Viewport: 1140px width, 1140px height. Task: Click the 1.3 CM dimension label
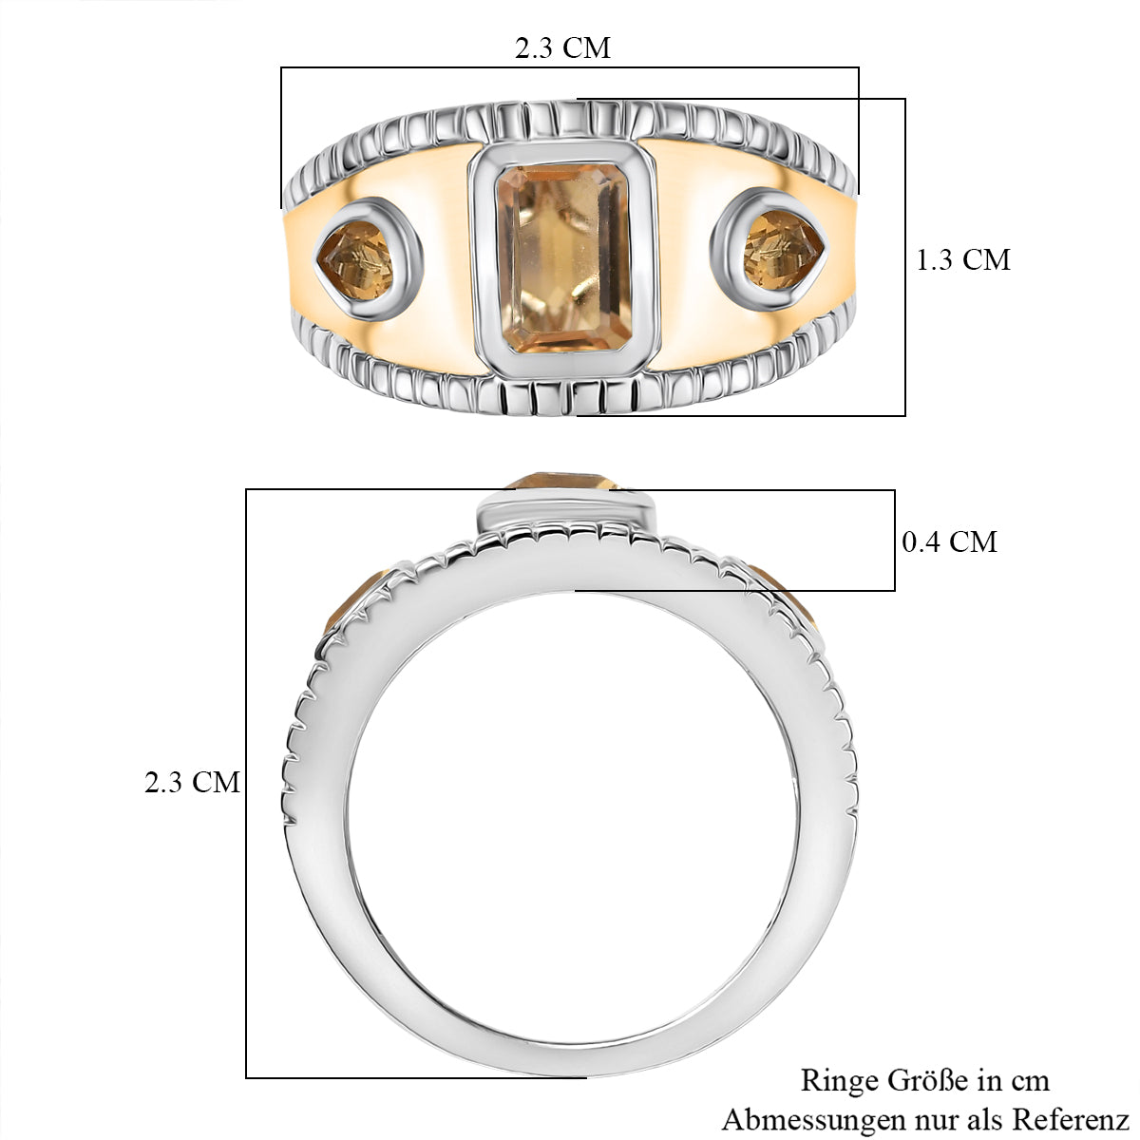point(962,259)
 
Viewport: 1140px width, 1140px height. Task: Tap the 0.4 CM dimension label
point(949,541)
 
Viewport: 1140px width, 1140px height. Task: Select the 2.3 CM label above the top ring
point(562,47)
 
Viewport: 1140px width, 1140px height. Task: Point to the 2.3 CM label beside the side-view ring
point(192,782)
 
